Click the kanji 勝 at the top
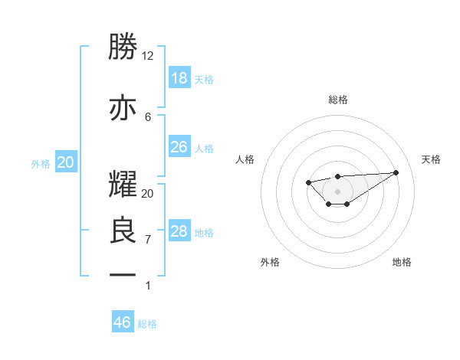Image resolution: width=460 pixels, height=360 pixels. pyautogui.click(x=123, y=48)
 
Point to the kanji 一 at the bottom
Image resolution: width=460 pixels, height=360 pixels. pyautogui.click(x=123, y=276)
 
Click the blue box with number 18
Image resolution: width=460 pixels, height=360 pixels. pyautogui.click(x=179, y=78)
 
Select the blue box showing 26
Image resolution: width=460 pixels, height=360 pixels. pyautogui.click(x=179, y=147)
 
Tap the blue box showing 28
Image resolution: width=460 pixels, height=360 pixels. pyautogui.click(x=179, y=231)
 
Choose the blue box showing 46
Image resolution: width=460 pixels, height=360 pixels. pyautogui.click(x=123, y=322)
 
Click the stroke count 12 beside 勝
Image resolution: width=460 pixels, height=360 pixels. pyautogui.click(x=148, y=56)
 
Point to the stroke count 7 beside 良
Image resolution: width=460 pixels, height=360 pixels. pyautogui.click(x=148, y=240)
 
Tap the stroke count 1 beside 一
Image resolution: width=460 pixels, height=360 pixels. pyautogui.click(x=148, y=286)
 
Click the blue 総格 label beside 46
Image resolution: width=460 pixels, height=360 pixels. pyautogui.click(x=147, y=324)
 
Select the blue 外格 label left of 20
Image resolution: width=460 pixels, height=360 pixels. pyautogui.click(x=41, y=163)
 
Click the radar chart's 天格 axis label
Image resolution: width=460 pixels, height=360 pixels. pyautogui.click(x=431, y=159)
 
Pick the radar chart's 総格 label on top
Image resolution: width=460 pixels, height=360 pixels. pyautogui.click(x=337, y=100)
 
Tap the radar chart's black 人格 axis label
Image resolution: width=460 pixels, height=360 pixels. pyautogui.click(x=245, y=159)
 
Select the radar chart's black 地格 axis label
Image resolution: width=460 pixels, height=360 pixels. pyautogui.click(x=402, y=262)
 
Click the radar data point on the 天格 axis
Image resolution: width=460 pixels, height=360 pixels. pyautogui.click(x=396, y=172)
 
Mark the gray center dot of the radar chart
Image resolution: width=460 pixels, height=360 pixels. pyautogui.click(x=337, y=191)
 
